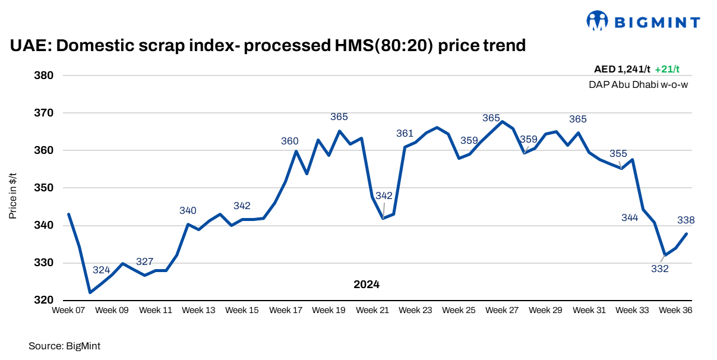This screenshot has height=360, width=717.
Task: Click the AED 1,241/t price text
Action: point(622,69)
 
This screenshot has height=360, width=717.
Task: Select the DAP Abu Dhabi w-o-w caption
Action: point(639,84)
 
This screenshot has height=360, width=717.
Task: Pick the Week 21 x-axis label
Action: point(372,310)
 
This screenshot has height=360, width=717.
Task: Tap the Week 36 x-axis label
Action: point(675,310)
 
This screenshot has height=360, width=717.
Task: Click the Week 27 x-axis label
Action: point(502,310)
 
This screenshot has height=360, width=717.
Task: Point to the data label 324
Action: point(101,270)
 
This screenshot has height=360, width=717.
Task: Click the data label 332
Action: point(659,269)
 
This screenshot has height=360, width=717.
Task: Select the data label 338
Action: point(686,220)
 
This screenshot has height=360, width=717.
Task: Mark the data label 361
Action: point(405,133)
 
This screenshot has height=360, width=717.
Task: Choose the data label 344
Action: point(630,217)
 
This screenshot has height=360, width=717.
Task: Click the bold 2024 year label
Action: point(367,285)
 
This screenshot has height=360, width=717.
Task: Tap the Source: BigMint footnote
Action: point(61,345)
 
